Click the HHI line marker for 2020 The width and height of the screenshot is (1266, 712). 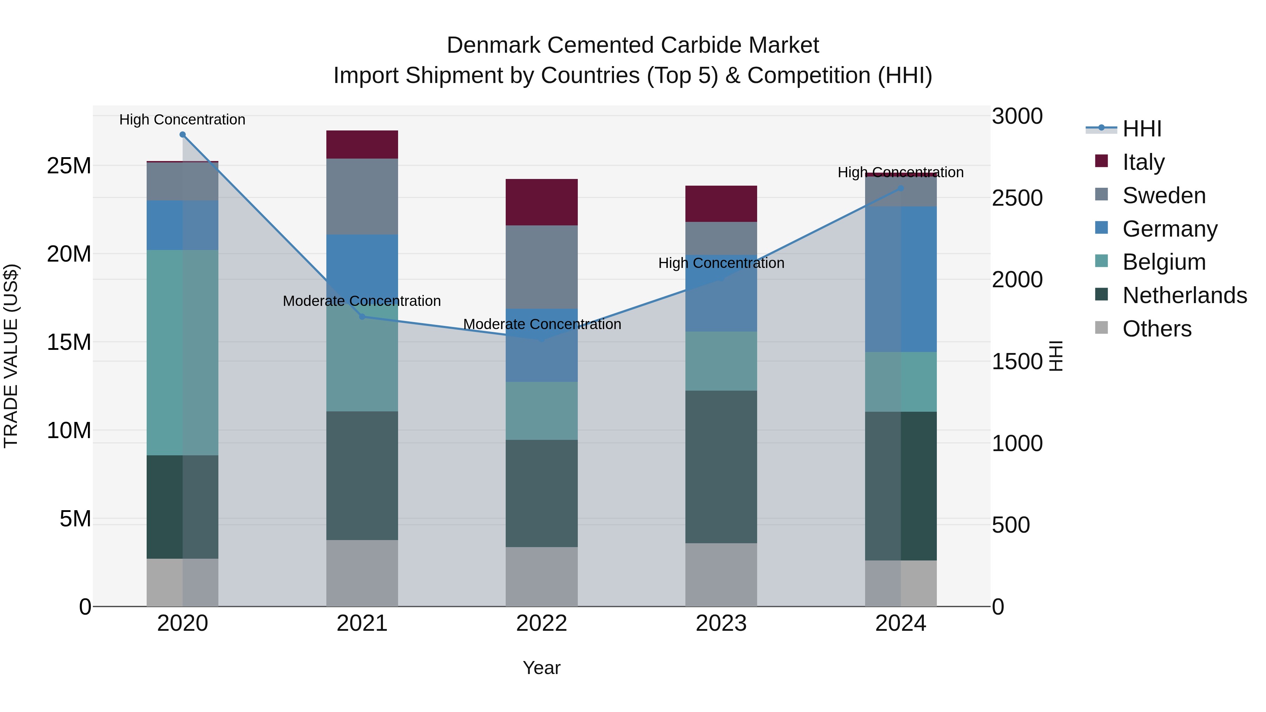click(182, 135)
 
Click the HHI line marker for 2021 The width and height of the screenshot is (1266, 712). click(362, 316)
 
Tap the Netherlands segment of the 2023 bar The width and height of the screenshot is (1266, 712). click(721, 467)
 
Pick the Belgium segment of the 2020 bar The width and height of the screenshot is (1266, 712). click(182, 352)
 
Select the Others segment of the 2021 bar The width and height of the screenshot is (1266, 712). click(362, 573)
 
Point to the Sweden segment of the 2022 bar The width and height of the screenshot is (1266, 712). click(542, 267)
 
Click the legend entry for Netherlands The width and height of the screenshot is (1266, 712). click(1184, 295)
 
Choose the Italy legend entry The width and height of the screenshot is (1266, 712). click(1143, 162)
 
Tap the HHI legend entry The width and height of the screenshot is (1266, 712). click(1141, 129)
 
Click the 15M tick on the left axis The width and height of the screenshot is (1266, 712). click(69, 342)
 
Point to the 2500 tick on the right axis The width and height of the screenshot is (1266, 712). click(1017, 198)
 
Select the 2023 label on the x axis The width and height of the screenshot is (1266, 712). click(721, 623)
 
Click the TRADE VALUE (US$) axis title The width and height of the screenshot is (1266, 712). click(11, 356)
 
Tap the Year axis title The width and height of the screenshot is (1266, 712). click(542, 668)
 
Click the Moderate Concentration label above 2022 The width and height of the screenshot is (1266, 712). click(542, 324)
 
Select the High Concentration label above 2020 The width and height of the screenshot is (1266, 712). click(182, 120)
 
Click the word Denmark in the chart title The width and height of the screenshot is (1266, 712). click(494, 45)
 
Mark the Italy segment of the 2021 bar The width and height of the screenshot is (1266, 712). click(362, 145)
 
